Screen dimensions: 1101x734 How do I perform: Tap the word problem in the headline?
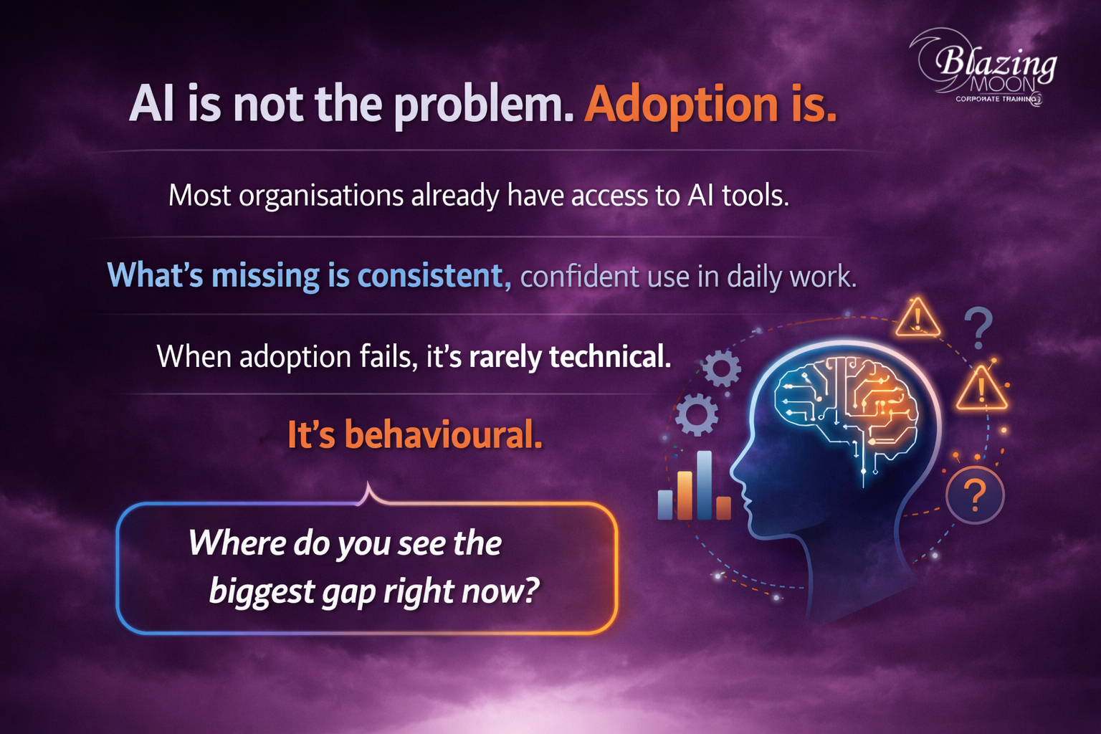click(484, 105)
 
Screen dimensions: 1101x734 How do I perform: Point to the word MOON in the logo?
click(1003, 85)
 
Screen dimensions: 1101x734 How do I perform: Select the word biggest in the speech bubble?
click(262, 591)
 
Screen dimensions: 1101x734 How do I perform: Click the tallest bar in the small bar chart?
click(705, 485)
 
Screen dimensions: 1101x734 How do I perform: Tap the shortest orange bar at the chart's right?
click(723, 508)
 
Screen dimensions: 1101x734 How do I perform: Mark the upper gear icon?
click(721, 368)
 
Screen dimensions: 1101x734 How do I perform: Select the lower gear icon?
click(696, 414)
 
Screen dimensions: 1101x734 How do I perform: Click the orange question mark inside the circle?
click(975, 495)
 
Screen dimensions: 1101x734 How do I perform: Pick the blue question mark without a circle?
click(978, 328)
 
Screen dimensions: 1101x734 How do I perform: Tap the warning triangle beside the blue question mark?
click(917, 318)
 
